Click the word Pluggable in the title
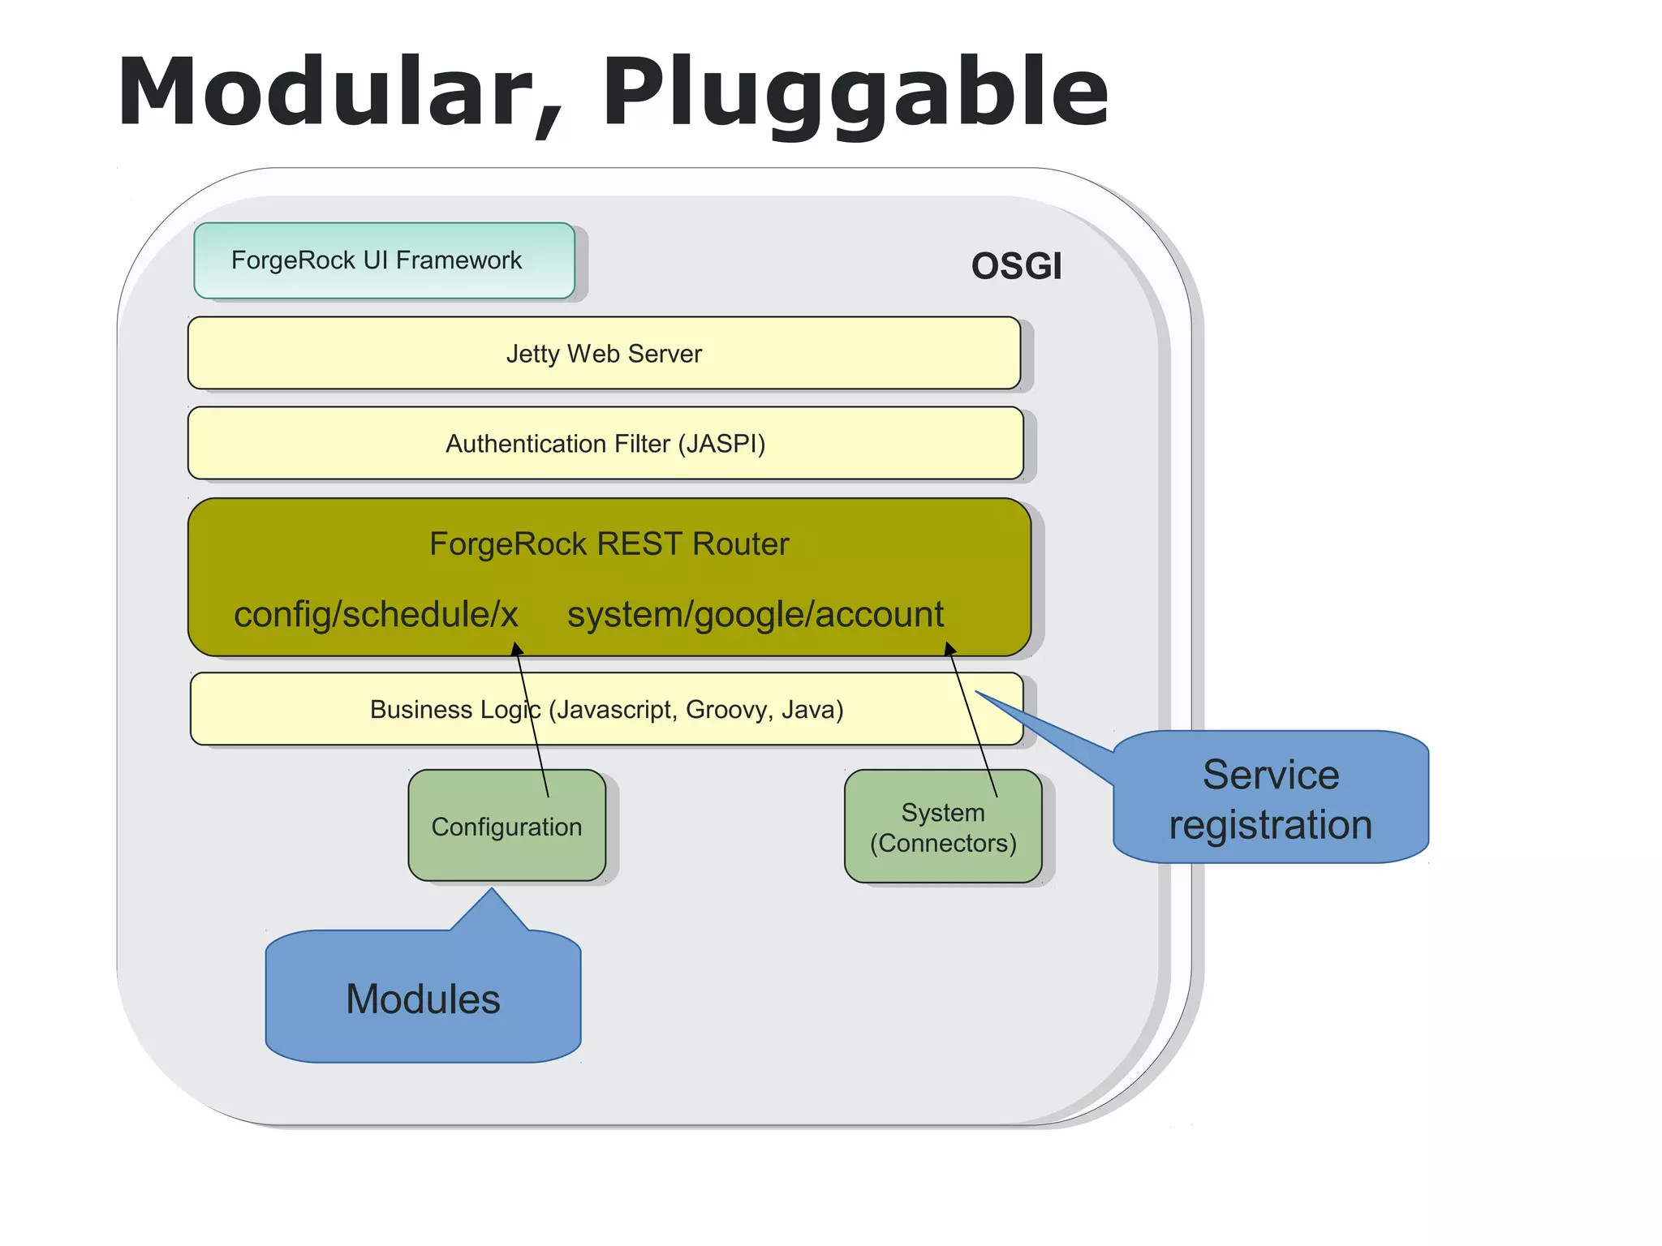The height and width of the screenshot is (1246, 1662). [855, 92]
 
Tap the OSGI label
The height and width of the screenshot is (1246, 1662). [1016, 266]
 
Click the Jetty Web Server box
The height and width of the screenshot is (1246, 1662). [604, 354]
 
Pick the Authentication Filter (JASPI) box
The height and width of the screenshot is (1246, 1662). [605, 444]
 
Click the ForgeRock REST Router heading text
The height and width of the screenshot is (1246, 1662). [609, 544]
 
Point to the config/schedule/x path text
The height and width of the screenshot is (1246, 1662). [376, 614]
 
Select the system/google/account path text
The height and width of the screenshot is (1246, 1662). [755, 614]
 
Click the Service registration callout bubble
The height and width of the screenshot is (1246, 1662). [1270, 799]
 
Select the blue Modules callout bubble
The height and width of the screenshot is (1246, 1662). [423, 998]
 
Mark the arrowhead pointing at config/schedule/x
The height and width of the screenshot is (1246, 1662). [516, 647]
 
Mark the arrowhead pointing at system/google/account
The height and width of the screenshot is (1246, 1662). [949, 647]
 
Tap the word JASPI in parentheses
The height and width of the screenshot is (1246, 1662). [721, 444]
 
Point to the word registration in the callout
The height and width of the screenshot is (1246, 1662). [1270, 825]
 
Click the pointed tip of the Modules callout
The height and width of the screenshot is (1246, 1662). [491, 891]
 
